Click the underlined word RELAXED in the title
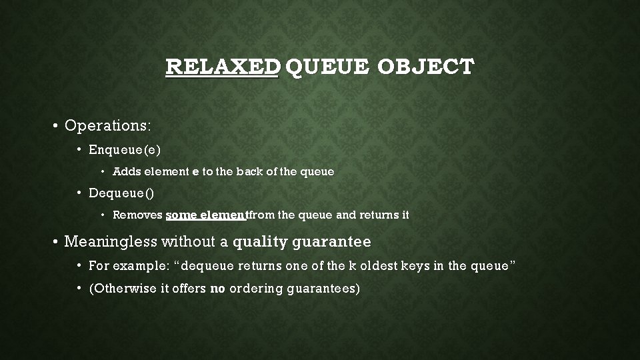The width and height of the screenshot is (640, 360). pyautogui.click(x=222, y=67)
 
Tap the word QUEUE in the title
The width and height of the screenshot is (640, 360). pyautogui.click(x=329, y=67)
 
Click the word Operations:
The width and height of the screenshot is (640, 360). pyautogui.click(x=108, y=125)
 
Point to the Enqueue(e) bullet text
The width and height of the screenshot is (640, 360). pyautogui.click(x=125, y=150)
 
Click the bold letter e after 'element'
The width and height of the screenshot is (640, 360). pyautogui.click(x=195, y=172)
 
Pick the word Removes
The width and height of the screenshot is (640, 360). pyautogui.click(x=137, y=215)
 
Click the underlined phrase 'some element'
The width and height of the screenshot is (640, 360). pyautogui.click(x=207, y=215)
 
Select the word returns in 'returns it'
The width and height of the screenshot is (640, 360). pyautogui.click(x=379, y=215)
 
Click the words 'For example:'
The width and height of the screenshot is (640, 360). pyautogui.click(x=129, y=266)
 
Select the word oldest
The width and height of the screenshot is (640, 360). pyautogui.click(x=375, y=266)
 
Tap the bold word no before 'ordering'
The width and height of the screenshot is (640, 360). pyautogui.click(x=217, y=290)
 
